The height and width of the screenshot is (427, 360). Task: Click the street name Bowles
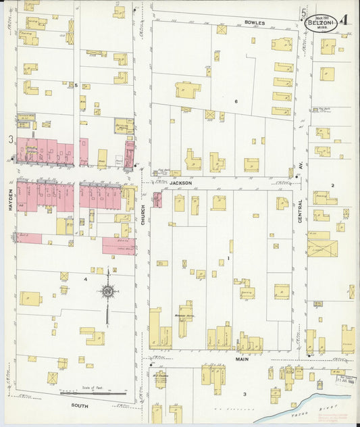point(255,22)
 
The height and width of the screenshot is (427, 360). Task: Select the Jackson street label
point(180,182)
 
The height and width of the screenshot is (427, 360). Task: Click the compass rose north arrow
point(107,291)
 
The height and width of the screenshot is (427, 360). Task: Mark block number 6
point(236,101)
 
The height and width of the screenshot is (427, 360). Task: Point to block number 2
point(332,184)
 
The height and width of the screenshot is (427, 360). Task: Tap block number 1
point(229,257)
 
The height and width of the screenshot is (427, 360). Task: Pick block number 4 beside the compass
point(85,278)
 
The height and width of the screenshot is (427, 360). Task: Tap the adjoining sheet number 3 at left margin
point(10,139)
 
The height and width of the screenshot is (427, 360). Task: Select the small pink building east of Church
point(157,199)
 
